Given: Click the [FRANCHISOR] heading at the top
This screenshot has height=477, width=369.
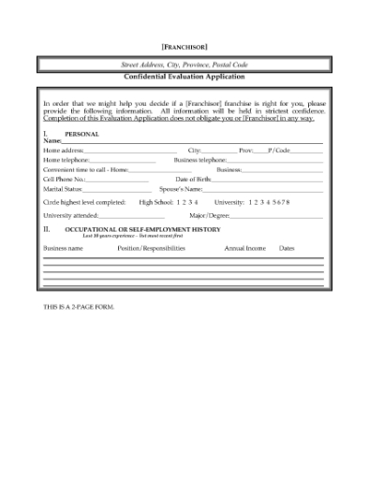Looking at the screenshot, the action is (184, 46).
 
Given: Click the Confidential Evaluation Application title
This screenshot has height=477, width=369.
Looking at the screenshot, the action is (184, 76).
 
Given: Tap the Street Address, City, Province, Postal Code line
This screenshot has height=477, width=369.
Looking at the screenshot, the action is (184, 64).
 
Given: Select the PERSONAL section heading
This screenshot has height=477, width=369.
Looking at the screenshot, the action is (81, 134).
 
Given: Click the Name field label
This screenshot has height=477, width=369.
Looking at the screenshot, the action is (52, 140).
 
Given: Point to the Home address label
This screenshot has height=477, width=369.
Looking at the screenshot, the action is (64, 150).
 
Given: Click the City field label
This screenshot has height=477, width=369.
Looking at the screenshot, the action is (195, 150).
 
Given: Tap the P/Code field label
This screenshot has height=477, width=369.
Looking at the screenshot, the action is (279, 150).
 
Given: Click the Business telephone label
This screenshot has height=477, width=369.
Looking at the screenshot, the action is (200, 160).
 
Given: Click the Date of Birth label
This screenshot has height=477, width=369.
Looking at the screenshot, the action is (194, 180).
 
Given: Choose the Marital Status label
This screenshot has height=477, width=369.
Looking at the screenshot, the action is (63, 189).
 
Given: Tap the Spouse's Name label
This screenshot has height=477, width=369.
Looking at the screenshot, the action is (181, 189).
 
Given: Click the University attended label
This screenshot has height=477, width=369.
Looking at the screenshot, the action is (70, 215).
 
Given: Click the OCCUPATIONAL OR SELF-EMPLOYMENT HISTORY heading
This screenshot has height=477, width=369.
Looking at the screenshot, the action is (142, 228).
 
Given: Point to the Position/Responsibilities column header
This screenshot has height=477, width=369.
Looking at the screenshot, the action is (138, 248).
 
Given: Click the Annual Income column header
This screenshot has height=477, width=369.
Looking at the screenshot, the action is (245, 248).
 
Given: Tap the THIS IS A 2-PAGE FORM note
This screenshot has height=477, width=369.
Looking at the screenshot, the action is (79, 306).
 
